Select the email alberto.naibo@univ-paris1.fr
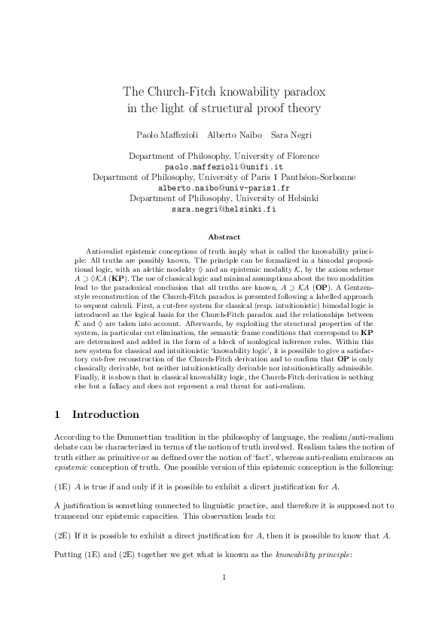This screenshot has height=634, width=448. (224, 188)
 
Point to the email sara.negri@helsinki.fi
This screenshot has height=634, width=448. (224, 209)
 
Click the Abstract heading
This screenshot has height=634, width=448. (224, 237)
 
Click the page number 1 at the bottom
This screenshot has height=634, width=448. (224, 599)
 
